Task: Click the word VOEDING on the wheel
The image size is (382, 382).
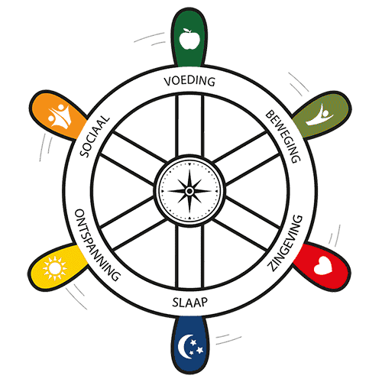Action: (189, 81)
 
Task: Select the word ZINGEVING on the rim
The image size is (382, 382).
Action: (285, 243)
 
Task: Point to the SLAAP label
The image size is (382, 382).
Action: (190, 303)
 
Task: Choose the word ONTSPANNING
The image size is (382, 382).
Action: (97, 245)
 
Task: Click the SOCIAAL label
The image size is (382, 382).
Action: (95, 136)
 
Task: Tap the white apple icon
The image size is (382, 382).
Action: (189, 39)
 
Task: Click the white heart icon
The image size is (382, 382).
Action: (323, 266)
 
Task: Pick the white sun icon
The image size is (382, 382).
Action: (54, 268)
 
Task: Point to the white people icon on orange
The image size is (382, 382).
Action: (60, 115)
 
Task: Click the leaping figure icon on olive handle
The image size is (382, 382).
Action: (320, 115)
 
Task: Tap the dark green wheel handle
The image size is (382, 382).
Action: (189, 38)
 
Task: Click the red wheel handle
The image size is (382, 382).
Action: (322, 266)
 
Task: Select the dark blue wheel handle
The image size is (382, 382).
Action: (190, 345)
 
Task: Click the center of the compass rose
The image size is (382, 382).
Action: (189, 191)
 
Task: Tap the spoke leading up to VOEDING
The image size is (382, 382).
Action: (189, 125)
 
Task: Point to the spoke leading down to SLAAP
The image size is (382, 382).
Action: (189, 257)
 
